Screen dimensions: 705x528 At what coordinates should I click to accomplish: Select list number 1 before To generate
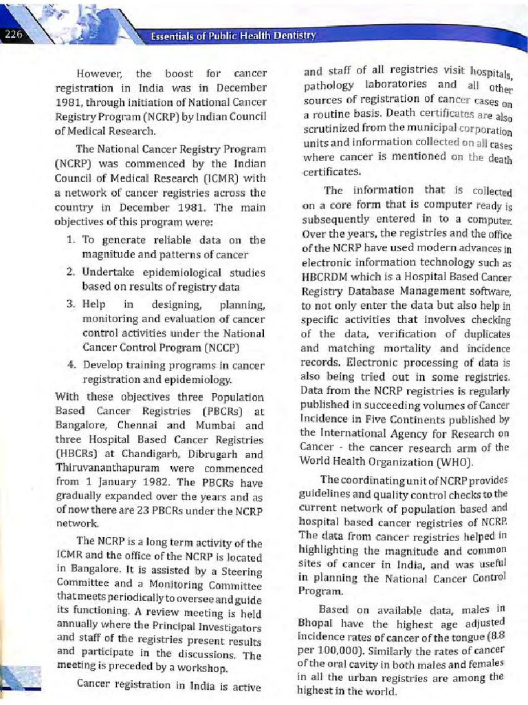71,240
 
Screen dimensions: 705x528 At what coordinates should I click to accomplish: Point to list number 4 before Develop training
71,366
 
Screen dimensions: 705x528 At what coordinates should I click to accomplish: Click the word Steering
242,572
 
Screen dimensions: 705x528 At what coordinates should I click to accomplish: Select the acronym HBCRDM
327,277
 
